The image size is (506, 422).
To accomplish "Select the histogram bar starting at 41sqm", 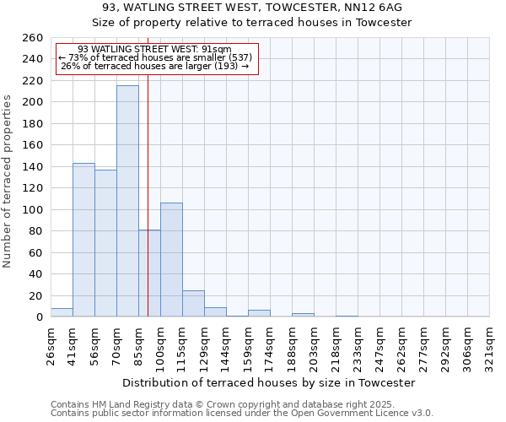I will click(83, 240).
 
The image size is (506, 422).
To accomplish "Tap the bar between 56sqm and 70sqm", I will click(105, 243).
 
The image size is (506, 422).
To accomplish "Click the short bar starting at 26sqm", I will click(62, 312).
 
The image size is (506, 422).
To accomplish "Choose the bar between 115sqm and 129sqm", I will click(193, 304).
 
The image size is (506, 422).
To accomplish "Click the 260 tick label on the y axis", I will click(32, 38).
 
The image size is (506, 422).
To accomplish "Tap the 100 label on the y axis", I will click(32, 209).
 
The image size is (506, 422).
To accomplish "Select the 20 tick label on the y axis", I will click(35, 295).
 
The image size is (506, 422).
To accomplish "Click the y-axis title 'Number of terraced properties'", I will click(8, 181).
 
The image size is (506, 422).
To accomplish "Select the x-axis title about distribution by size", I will click(269, 382).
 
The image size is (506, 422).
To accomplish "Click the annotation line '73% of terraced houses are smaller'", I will click(156, 57).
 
